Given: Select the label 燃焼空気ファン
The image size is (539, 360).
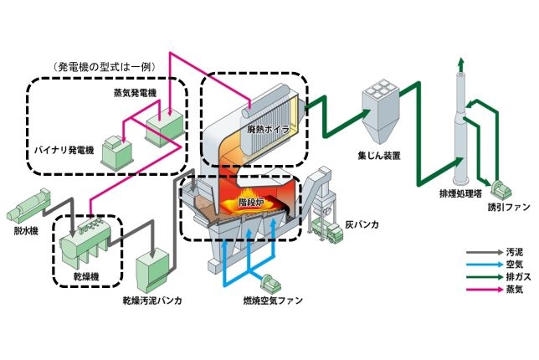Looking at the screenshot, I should (x=269, y=299).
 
